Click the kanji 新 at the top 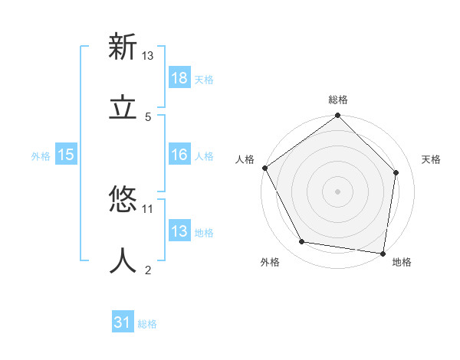click(x=123, y=47)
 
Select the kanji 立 click(x=123, y=108)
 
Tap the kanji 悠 click(x=123, y=200)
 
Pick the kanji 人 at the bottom click(x=123, y=260)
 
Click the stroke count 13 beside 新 click(x=148, y=56)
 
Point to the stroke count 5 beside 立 click(x=148, y=116)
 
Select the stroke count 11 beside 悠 click(x=148, y=208)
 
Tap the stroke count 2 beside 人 click(x=148, y=270)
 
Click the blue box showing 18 click(x=179, y=78)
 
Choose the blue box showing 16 click(x=179, y=155)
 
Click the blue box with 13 click(x=179, y=231)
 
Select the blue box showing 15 click(x=66, y=155)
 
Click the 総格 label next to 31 click(x=147, y=324)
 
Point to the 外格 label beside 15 click(x=41, y=155)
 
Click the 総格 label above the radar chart click(x=338, y=100)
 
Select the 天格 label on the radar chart click(x=431, y=159)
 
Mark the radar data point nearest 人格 click(x=264, y=168)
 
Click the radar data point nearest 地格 click(x=383, y=252)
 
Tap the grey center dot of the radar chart click(x=338, y=191)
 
